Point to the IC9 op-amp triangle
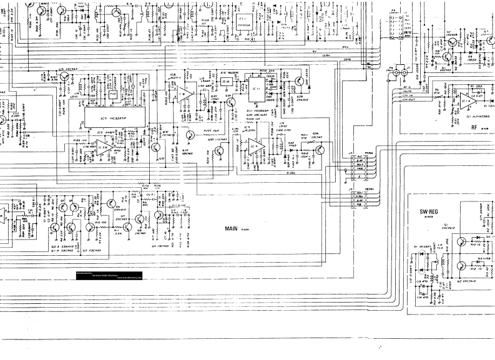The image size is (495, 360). pos(255,147)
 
